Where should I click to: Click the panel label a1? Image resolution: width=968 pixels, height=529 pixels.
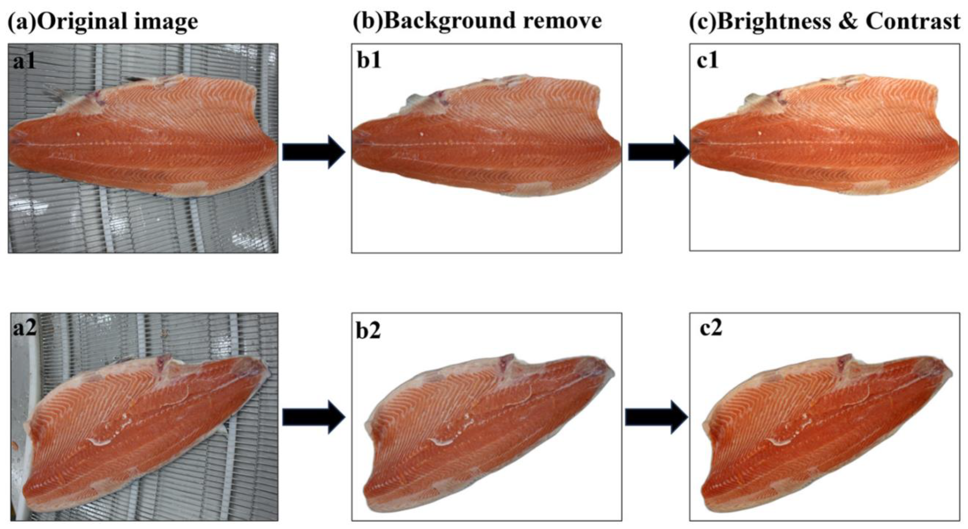[x=24, y=61]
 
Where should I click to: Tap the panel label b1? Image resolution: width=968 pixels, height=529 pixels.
[x=369, y=60]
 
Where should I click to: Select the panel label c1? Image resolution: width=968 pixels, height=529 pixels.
[x=708, y=60]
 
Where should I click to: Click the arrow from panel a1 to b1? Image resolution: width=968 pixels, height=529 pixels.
[x=313, y=152]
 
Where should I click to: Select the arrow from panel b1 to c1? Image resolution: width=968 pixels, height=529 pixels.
[x=659, y=152]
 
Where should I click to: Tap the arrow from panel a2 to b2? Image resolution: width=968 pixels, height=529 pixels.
[x=313, y=417]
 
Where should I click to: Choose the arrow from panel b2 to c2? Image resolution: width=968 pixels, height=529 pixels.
[x=656, y=417]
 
